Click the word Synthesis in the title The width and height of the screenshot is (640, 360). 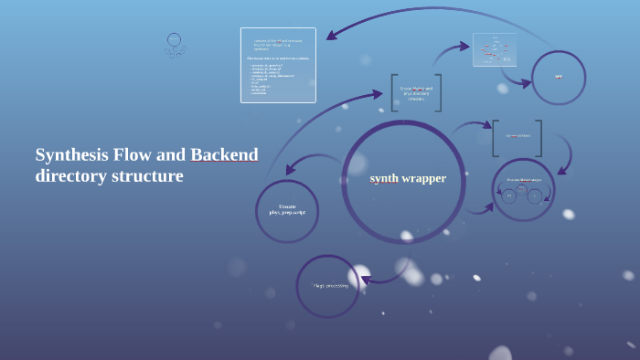(71, 154)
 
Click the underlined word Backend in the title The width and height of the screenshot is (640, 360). (224, 154)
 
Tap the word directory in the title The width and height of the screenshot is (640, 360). (70, 175)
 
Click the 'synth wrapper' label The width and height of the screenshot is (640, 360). (408, 178)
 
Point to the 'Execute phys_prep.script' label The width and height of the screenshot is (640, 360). (287, 209)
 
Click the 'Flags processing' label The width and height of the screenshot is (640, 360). (330, 286)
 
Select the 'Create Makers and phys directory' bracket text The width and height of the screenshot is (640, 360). (416, 93)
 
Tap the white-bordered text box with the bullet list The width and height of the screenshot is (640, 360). (278, 65)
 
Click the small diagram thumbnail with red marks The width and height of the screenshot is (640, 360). (495, 50)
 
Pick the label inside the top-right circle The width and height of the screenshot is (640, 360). (559, 76)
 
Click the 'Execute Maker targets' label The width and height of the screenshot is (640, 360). (524, 180)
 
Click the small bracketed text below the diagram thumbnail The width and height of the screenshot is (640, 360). (517, 136)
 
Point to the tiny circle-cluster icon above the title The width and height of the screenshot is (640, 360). (175, 45)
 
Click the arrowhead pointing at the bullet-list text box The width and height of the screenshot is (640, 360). (332, 37)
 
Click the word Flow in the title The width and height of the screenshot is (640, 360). (144, 154)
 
